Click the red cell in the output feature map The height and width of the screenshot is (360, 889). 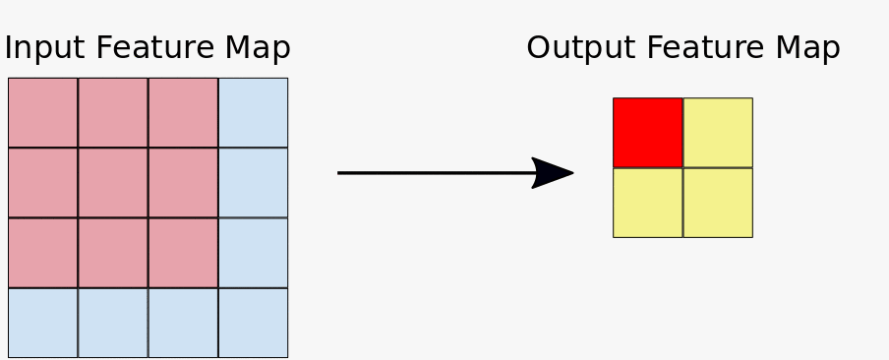[647, 132]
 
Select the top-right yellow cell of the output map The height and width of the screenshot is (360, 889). [718, 132]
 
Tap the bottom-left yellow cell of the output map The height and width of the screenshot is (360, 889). [647, 203]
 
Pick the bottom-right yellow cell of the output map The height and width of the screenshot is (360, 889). [718, 203]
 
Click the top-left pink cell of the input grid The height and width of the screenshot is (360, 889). [42, 112]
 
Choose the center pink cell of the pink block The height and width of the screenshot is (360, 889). [113, 182]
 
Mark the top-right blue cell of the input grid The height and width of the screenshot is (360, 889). [253, 112]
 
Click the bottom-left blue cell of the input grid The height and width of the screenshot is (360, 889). [42, 323]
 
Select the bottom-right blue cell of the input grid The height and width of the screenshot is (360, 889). [253, 323]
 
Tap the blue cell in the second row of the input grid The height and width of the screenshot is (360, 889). [253, 182]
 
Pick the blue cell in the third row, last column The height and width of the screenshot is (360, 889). [253, 253]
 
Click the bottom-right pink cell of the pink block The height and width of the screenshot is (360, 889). [183, 253]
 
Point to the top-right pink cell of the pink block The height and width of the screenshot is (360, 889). [183, 112]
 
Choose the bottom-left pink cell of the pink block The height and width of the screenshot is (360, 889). [42, 253]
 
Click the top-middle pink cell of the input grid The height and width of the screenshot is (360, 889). [113, 112]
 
